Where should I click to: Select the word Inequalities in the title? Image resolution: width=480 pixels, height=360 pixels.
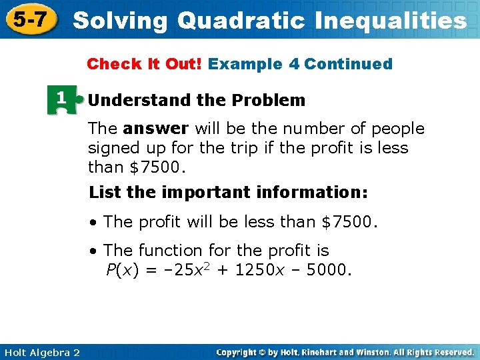(389, 21)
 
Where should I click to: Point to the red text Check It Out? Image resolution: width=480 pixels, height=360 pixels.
(145, 64)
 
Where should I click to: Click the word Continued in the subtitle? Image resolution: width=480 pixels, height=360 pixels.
(348, 64)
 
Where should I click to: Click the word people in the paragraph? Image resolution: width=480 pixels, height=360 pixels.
(397, 128)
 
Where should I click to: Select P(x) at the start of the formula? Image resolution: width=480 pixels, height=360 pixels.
(122, 271)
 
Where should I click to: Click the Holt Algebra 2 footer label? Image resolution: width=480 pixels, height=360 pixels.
(41, 351)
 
